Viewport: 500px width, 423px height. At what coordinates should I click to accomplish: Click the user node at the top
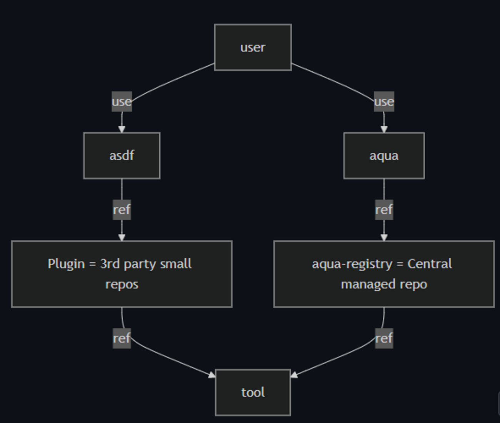pyautogui.click(x=253, y=47)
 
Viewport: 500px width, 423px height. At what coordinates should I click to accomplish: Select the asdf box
pyautogui.click(x=122, y=156)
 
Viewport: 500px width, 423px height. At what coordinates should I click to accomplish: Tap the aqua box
pyautogui.click(x=384, y=156)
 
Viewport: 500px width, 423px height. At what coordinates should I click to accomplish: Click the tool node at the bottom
pyautogui.click(x=253, y=392)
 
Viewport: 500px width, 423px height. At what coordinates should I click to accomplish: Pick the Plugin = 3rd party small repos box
pyautogui.click(x=122, y=274)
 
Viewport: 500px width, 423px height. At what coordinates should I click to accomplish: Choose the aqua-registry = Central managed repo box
pyautogui.click(x=384, y=274)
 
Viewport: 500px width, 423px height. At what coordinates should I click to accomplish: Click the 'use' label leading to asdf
pyautogui.click(x=122, y=102)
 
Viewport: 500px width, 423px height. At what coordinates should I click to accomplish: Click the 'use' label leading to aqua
pyautogui.click(x=384, y=102)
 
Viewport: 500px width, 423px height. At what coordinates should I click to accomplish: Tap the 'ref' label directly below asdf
pyautogui.click(x=122, y=210)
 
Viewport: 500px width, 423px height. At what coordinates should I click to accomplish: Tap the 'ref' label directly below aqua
pyautogui.click(x=384, y=210)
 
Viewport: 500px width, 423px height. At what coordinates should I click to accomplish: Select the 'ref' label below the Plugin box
pyautogui.click(x=122, y=338)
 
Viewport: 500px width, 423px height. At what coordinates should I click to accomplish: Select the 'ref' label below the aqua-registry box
pyautogui.click(x=384, y=338)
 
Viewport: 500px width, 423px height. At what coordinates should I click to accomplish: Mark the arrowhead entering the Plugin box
pyautogui.click(x=122, y=237)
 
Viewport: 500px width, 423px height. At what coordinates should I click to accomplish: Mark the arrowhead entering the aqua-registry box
pyautogui.click(x=384, y=237)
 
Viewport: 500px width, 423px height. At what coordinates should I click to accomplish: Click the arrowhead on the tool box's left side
pyautogui.click(x=212, y=375)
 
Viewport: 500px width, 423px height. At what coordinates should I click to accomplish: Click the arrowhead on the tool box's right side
pyautogui.click(x=294, y=375)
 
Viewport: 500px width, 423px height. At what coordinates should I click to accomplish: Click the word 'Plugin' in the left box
pyautogui.click(x=66, y=264)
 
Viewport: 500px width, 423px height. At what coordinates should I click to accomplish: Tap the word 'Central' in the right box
pyautogui.click(x=429, y=264)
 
